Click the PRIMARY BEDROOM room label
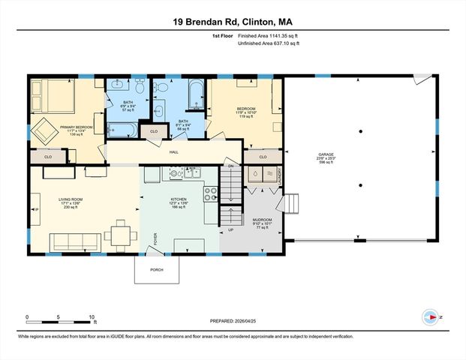[x=77, y=127]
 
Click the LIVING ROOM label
[x=70, y=199]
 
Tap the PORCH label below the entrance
[x=157, y=270]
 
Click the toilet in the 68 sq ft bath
[x=161, y=88]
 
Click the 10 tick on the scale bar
[x=92, y=316]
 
